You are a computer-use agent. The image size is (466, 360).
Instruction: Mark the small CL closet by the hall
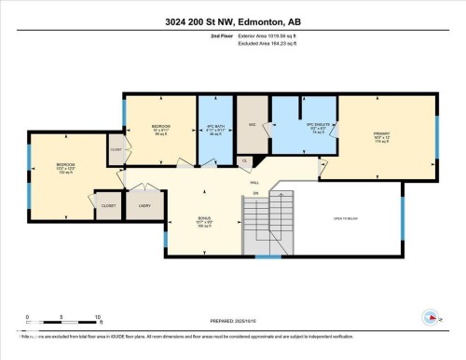click(244, 161)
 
